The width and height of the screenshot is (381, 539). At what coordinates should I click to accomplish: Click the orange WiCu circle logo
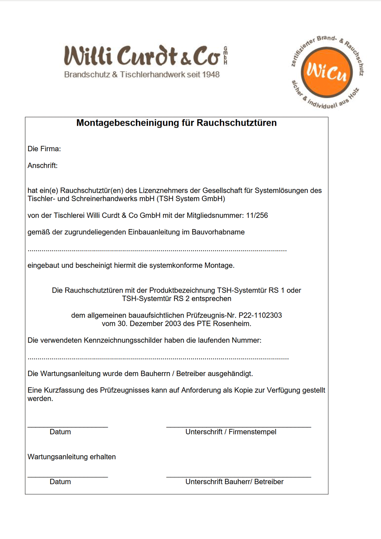coord(327,72)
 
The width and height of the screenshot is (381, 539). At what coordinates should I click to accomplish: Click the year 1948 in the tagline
coord(211,75)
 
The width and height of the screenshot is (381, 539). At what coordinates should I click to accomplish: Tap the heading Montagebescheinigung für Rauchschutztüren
coord(176,123)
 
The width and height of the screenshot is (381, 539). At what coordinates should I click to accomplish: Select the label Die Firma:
coord(44,149)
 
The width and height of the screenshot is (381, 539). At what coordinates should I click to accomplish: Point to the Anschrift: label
coord(43,166)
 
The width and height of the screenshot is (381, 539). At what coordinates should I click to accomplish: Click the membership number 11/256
coord(257,216)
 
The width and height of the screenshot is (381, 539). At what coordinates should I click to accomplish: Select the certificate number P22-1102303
coord(260,315)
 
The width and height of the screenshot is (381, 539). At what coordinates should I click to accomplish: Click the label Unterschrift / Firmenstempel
coord(231,432)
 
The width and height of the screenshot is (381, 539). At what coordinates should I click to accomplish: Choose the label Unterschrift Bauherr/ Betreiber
coord(234,482)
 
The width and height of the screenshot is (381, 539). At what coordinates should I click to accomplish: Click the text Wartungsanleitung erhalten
coord(72,457)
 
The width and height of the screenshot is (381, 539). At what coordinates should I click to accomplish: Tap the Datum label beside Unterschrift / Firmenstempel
coord(60,432)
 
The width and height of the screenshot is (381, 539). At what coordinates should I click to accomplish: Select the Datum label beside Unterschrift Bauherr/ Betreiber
coord(60,482)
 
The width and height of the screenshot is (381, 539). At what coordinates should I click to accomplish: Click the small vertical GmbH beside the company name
coord(226,56)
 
